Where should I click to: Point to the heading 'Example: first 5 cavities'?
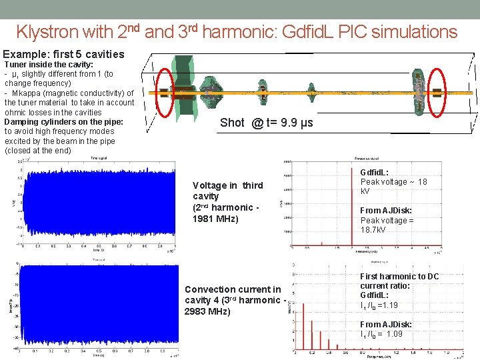coord(64,54)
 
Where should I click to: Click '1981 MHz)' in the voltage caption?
coord(216,218)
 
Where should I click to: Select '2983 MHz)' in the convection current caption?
coord(207,311)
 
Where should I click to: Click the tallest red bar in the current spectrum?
coord(303,327)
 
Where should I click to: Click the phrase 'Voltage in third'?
coord(227,185)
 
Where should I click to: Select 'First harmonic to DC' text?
coord(399,276)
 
